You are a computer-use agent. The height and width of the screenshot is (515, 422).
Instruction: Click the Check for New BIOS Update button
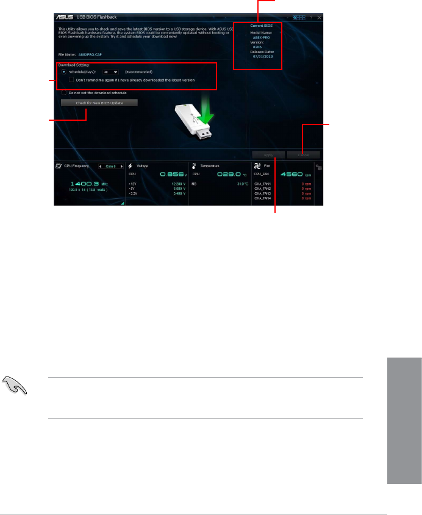click(99, 103)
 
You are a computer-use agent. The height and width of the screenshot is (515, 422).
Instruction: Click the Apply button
click(268, 155)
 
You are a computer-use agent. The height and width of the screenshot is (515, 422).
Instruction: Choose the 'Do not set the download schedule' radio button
click(64, 93)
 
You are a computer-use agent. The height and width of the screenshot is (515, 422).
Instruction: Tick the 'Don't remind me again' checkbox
click(71, 79)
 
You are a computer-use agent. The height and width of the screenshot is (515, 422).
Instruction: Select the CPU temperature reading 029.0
click(228, 175)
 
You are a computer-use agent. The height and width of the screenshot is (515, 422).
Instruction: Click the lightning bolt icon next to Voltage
click(131, 166)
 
